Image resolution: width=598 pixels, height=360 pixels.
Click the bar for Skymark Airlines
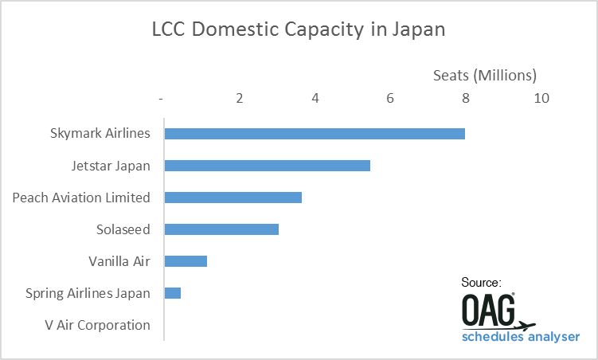315,133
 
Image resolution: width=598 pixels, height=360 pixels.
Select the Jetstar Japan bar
267,166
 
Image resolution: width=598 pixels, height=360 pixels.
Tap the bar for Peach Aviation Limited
233,198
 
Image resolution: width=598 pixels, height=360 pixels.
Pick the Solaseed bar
221,229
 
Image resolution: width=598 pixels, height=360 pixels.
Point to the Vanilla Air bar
186,261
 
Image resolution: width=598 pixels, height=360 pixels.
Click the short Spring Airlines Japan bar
173,293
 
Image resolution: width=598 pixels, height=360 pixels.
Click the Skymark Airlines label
100,133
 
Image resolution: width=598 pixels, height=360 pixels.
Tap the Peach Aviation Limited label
81,198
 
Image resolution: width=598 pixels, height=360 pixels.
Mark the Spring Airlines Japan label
88,293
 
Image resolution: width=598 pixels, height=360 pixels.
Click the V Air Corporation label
99,325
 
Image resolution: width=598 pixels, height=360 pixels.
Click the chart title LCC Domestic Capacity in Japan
299,31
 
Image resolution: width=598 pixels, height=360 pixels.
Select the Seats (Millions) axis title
485,76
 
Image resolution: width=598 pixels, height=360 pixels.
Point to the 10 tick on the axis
541,98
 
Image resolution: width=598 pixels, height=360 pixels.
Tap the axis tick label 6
390,98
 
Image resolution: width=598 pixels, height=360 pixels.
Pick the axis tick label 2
239,98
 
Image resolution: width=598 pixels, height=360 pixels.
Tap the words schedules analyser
521,337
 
